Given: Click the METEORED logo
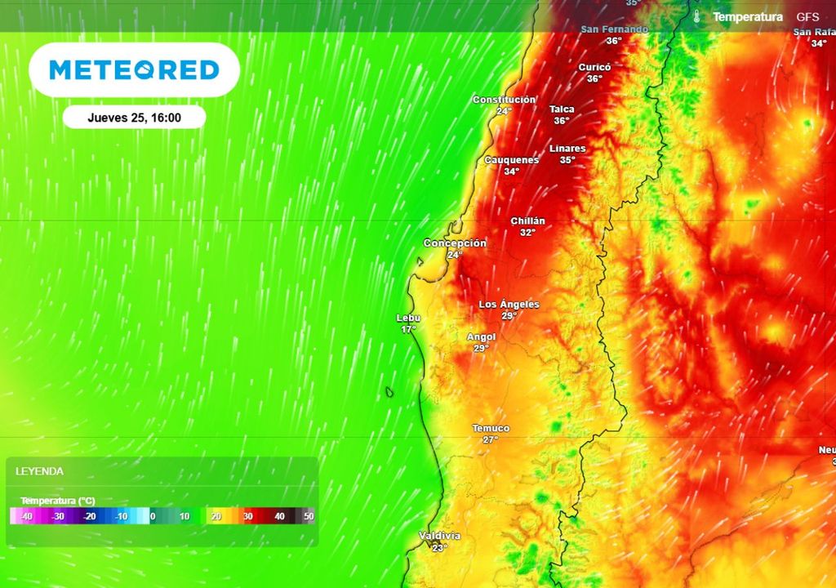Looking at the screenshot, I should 135,70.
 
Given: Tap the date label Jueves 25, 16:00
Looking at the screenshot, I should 134,118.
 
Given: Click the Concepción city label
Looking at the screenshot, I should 455,243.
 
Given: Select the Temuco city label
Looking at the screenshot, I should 491,429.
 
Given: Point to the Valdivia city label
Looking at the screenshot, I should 439,536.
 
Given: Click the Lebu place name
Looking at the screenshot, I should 408,318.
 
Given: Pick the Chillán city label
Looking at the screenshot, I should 527,221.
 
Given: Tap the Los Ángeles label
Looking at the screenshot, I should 509,305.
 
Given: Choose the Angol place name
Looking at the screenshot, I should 481,337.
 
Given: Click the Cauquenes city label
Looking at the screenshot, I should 511,160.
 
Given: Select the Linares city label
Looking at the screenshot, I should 567,149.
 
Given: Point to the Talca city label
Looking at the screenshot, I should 562,109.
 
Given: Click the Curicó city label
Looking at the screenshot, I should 594,68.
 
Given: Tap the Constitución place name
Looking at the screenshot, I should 505,100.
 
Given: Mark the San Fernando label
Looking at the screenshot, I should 614,29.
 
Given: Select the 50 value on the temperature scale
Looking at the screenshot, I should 309,516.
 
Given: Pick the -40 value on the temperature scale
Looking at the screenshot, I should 26,516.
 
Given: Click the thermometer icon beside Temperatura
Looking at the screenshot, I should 697,16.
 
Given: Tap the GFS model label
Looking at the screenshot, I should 807,16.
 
